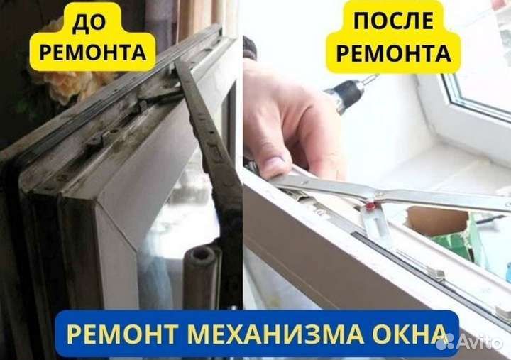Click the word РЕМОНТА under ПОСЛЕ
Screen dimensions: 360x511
(x=395, y=54)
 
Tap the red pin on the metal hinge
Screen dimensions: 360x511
(x=370, y=205)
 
